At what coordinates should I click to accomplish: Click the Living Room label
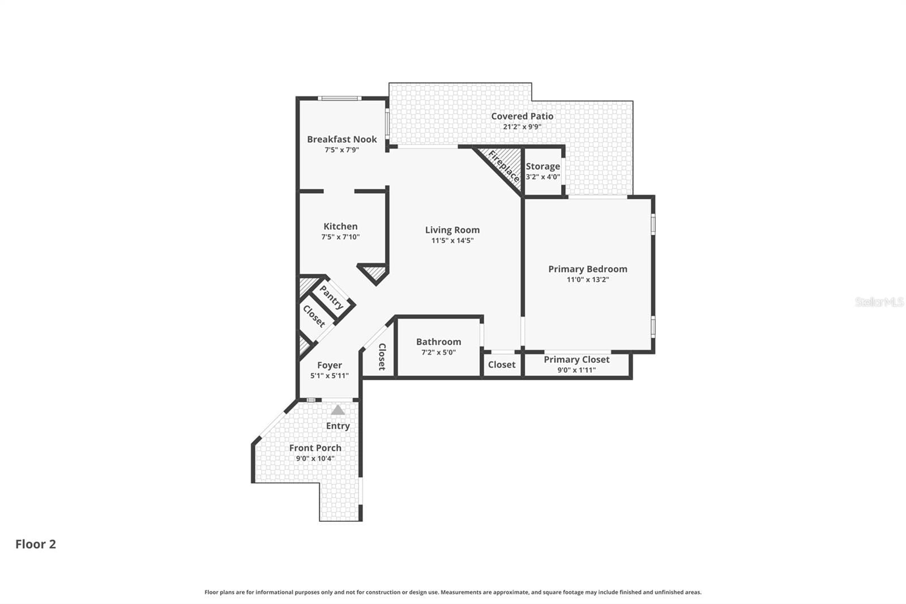[x=452, y=230]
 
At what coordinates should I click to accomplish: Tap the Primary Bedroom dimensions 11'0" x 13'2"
[x=588, y=279]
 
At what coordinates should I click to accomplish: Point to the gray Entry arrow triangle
[x=337, y=410]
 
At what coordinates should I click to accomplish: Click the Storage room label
[x=543, y=167]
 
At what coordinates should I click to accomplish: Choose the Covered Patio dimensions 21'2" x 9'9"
[x=522, y=127]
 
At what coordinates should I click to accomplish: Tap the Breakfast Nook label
[x=342, y=139]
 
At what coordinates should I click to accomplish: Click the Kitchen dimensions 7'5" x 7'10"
[x=340, y=237]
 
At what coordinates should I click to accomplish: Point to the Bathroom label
[x=438, y=342]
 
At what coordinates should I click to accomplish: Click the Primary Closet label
[x=576, y=359]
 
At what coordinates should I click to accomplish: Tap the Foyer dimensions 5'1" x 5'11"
[x=329, y=376]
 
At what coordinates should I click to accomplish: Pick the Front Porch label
[x=315, y=448]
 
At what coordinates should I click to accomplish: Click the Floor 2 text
[x=36, y=544]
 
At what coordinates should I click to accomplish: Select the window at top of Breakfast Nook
[x=339, y=98]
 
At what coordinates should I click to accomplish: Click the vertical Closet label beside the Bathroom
[x=382, y=356]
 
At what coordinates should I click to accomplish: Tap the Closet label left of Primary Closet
[x=502, y=365]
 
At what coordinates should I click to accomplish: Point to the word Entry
[x=337, y=426]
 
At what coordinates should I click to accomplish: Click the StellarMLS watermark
[x=879, y=302]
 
